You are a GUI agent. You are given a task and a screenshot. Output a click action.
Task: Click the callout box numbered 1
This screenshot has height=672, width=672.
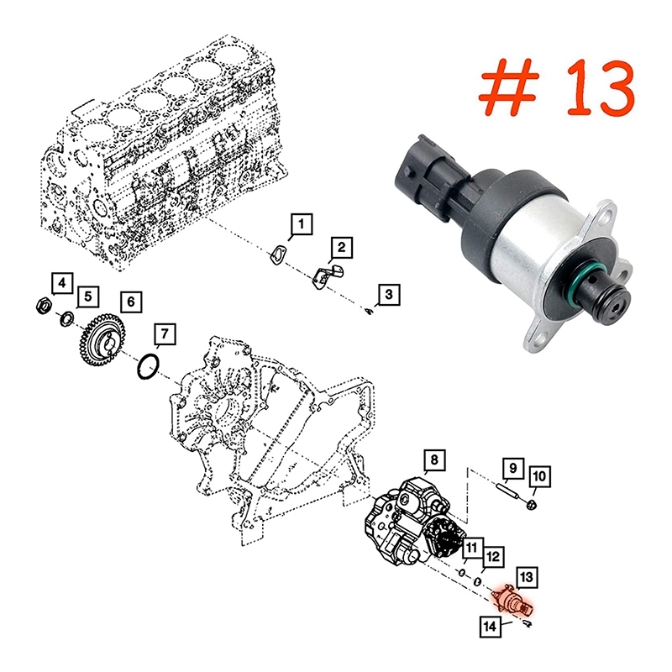pyautogui.click(x=302, y=223)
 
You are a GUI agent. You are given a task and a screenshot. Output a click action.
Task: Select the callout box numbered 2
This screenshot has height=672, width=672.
pyautogui.click(x=341, y=247)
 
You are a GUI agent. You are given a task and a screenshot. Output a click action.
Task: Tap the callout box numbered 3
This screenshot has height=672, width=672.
pyautogui.click(x=388, y=295)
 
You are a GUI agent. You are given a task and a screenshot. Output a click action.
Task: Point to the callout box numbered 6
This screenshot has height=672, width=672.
pyautogui.click(x=131, y=302)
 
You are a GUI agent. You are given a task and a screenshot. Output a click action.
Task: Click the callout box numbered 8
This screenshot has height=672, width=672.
pyautogui.click(x=434, y=460)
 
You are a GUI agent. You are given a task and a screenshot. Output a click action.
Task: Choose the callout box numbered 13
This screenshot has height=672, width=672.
pyautogui.click(x=527, y=578)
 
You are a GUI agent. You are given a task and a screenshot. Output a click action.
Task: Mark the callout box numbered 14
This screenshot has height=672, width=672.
pyautogui.click(x=490, y=627)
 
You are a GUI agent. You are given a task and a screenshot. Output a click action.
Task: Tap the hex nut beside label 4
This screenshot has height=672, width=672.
pyautogui.click(x=43, y=306)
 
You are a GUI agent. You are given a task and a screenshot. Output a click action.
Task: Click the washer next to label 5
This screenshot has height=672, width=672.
pyautogui.click(x=67, y=319)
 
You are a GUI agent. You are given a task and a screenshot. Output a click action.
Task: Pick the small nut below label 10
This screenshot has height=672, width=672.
pyautogui.click(x=532, y=504)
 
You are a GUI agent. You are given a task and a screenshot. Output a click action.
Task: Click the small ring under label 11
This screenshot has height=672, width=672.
pyautogui.click(x=462, y=573)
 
